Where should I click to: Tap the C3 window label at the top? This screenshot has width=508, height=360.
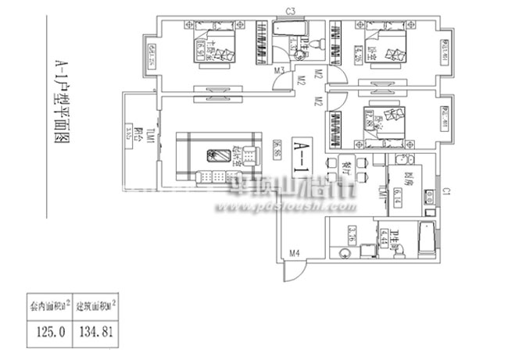(289, 10)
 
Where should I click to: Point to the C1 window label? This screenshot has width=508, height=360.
(446, 189)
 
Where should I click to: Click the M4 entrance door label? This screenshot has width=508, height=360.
(295, 253)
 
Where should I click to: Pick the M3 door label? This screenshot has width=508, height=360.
(279, 72)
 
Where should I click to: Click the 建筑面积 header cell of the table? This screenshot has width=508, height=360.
(98, 304)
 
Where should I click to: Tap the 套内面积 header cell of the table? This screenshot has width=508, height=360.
(48, 304)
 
